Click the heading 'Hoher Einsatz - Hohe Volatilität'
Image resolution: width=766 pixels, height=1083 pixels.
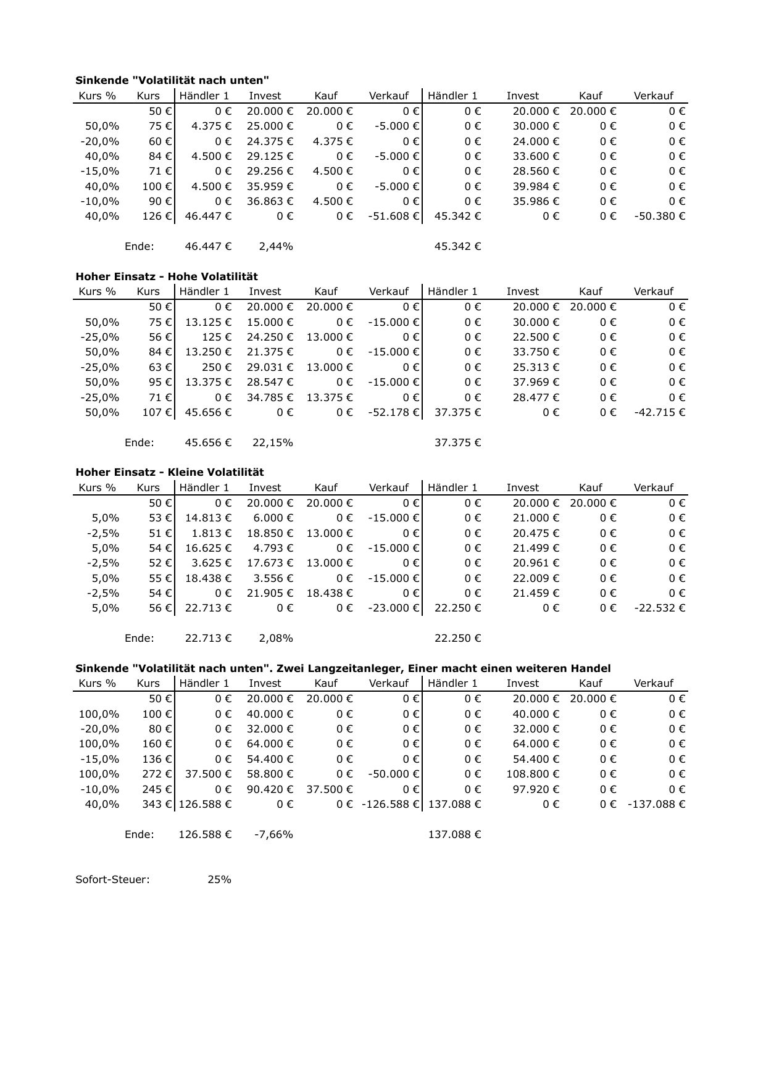[x=167, y=276]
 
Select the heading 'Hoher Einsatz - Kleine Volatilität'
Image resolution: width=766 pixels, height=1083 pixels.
[x=169, y=472]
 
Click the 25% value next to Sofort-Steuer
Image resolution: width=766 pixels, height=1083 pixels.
[x=219, y=879]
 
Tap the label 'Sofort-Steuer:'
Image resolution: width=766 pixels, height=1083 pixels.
[x=112, y=879]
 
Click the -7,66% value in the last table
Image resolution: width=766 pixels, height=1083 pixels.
[x=273, y=835]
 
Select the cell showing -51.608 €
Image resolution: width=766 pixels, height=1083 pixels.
[x=394, y=217]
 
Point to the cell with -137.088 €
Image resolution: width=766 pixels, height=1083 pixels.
[x=657, y=805]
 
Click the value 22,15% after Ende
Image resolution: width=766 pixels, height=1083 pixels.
[x=272, y=443]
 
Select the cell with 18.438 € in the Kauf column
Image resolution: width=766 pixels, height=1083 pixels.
[x=330, y=594]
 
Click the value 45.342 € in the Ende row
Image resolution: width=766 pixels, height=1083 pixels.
[x=457, y=247]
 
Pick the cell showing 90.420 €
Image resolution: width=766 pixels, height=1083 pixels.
[x=270, y=789]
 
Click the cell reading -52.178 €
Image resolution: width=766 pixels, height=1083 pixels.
[x=394, y=412]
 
